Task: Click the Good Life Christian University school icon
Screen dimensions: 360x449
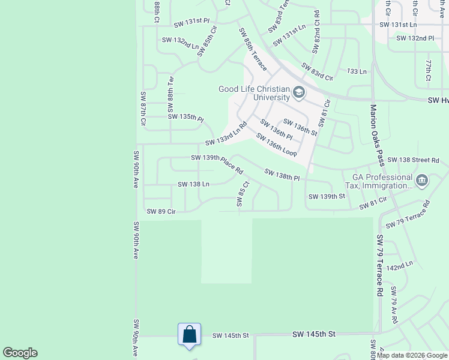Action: (x=299, y=93)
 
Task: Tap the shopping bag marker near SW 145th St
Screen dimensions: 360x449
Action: (x=189, y=334)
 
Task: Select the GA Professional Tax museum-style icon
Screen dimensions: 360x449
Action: (x=421, y=180)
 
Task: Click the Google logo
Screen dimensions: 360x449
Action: (x=20, y=353)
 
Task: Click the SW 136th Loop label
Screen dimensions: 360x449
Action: (x=276, y=145)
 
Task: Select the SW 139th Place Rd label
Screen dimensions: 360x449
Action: (x=216, y=163)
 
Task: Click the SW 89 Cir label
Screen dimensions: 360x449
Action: (x=161, y=211)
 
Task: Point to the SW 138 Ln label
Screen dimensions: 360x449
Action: (x=193, y=184)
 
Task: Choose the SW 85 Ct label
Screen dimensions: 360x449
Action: (x=242, y=195)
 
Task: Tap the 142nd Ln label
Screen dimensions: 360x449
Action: (x=400, y=265)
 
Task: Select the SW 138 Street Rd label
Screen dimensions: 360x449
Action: (x=413, y=160)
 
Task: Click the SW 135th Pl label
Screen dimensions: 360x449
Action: (x=186, y=116)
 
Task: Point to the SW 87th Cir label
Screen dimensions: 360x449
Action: (x=143, y=109)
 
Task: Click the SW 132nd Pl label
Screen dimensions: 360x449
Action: (x=415, y=38)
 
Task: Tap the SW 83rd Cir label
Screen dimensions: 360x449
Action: (x=317, y=72)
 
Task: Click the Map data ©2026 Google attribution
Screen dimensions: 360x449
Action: (x=412, y=355)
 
